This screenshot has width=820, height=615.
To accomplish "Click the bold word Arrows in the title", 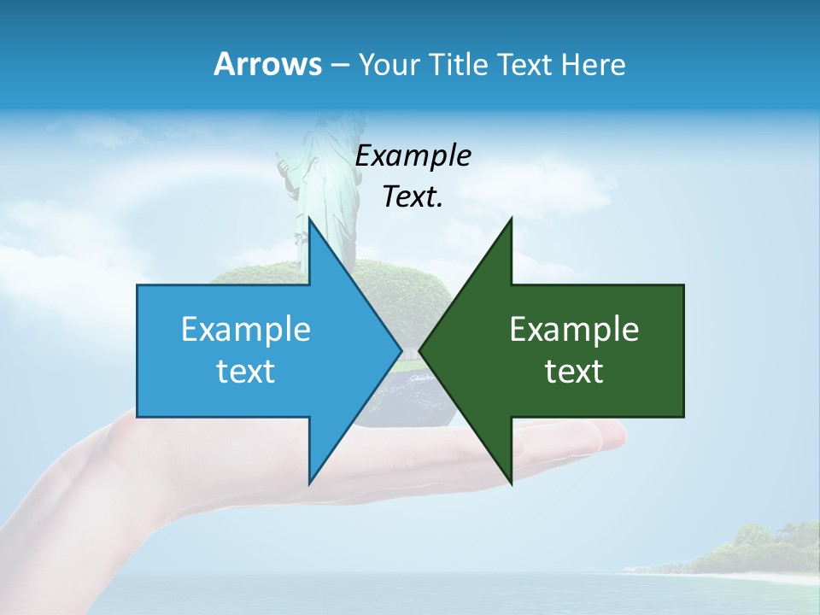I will click(x=267, y=65).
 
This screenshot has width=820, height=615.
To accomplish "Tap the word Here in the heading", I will click(x=593, y=65).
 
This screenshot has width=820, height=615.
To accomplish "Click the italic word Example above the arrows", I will click(x=413, y=156).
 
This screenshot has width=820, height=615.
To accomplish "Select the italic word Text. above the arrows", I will click(x=413, y=197).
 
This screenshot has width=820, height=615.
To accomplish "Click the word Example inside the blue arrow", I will click(x=246, y=330).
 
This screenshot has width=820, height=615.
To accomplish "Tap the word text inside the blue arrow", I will click(x=246, y=372).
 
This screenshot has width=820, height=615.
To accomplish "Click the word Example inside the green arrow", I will click(x=574, y=330).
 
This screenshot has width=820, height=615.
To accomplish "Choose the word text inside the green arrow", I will click(x=574, y=372).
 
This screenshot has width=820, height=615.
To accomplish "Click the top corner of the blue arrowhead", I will click(x=309, y=220).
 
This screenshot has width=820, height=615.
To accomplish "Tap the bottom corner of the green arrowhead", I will click(x=511, y=483).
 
